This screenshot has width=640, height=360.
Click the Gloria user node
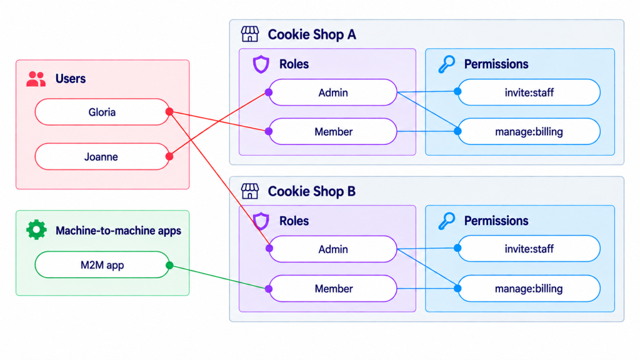point(102,112)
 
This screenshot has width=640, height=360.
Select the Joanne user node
point(102,156)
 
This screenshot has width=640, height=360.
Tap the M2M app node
point(102,265)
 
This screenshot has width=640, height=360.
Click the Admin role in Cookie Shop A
point(332,92)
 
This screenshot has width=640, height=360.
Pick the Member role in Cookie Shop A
point(332,131)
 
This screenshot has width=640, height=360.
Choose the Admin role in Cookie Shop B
point(332,249)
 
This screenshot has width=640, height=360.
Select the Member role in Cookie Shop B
point(332,289)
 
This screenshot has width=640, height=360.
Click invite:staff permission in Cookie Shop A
point(529,92)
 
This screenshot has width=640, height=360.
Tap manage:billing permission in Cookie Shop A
point(529,131)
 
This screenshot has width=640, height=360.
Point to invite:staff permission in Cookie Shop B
point(529,249)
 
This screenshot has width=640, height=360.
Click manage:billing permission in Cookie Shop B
point(529,289)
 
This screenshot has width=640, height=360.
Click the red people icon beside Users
point(36,79)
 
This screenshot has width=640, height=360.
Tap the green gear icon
point(36,230)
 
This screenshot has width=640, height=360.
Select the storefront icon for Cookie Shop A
point(250,34)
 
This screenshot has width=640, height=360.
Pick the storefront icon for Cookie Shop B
point(250,191)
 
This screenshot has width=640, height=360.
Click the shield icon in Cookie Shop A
point(261,64)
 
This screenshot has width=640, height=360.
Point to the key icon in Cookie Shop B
point(446,221)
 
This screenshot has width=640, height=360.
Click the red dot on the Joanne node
point(169,156)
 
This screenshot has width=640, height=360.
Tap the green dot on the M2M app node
point(169,265)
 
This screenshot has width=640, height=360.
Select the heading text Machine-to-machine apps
point(118,231)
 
